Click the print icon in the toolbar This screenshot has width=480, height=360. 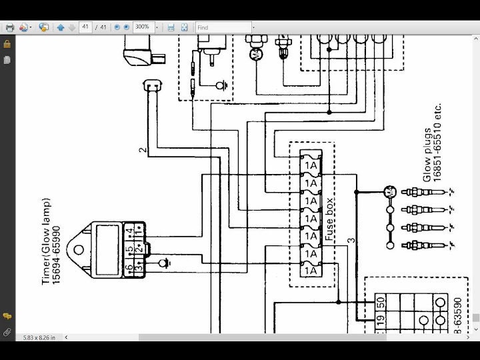tap(10, 27)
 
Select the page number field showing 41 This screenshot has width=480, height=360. tap(85, 27)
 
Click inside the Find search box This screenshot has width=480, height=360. tap(223, 27)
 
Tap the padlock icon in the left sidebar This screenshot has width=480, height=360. tap(7, 44)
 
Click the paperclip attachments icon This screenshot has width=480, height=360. tap(7, 331)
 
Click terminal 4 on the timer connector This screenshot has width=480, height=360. tap(130, 231)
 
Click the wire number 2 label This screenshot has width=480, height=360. tap(142, 149)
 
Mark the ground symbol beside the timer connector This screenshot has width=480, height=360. tap(160, 264)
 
